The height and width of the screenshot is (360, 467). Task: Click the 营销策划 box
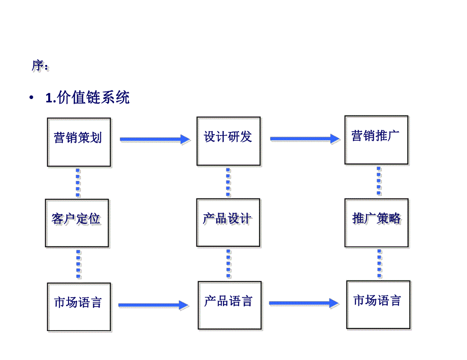79,142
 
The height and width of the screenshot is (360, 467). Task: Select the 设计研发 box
228,141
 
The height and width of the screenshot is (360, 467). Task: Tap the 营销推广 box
376,140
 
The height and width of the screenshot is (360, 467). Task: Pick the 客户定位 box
77,223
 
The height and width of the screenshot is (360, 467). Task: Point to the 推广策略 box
377,222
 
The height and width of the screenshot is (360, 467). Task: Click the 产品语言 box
228,305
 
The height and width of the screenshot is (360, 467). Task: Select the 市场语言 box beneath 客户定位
79,307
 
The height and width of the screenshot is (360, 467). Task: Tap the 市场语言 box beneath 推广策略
378,304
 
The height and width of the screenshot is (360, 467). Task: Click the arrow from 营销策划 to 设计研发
154,139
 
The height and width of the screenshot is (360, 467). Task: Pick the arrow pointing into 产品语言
153,305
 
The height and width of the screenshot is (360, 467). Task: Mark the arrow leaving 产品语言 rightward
304,304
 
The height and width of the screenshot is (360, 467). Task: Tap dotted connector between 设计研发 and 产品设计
228,182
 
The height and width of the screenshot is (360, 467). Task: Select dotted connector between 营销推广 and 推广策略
379,181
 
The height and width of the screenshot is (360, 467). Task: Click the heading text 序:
40,66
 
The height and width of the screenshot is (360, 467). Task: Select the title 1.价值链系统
87,97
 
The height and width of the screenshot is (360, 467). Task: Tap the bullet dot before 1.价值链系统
32,98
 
